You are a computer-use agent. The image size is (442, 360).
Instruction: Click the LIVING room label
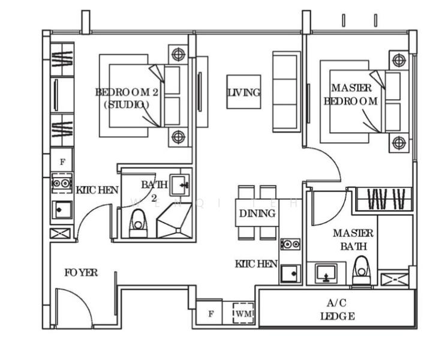tap(243, 92)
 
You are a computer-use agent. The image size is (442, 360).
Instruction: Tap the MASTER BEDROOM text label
tap(351, 95)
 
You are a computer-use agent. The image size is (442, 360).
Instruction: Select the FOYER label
tap(81, 273)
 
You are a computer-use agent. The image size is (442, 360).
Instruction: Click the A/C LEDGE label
tap(337, 310)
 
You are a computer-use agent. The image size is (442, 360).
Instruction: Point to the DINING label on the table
tap(257, 213)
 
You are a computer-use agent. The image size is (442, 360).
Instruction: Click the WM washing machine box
tap(243, 313)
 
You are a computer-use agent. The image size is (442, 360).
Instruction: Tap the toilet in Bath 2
tap(139, 223)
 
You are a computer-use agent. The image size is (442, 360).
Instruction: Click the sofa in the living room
tap(286, 91)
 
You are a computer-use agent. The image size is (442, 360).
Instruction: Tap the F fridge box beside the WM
tap(211, 313)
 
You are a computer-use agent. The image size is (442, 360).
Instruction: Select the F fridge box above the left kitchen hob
tap(61, 161)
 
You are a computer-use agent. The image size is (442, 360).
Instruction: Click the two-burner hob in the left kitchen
tap(61, 183)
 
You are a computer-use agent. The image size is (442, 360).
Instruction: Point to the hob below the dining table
tap(290, 244)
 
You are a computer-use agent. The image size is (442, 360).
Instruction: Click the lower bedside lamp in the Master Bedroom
tap(399, 143)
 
